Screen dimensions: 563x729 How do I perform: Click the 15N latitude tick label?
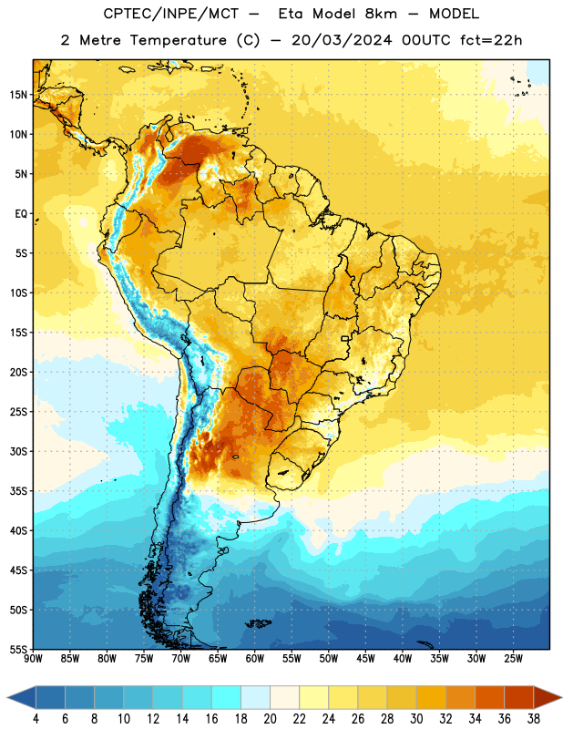18,95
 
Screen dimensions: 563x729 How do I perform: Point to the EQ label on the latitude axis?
21,214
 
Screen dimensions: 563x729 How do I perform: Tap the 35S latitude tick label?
18,491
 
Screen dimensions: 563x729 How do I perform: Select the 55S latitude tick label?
18,649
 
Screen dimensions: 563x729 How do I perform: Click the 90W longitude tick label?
33,659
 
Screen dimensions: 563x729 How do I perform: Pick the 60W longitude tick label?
255,659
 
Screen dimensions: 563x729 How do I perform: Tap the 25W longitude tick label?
513,659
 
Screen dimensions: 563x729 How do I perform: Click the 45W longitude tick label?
365,659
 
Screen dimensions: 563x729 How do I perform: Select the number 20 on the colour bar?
270,719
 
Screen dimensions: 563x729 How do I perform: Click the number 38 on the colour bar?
533,719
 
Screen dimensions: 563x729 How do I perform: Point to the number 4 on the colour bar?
36,719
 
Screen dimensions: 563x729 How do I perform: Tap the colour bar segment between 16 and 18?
227,697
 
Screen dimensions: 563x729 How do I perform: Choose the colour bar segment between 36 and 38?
519,697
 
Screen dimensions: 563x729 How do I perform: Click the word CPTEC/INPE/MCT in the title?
171,14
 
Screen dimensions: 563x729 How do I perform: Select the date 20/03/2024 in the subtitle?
342,40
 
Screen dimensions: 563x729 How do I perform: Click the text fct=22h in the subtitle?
491,40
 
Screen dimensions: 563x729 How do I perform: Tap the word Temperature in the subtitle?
178,40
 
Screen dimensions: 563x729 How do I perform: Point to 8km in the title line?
381,14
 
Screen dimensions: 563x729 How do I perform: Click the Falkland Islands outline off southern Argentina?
258,623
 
